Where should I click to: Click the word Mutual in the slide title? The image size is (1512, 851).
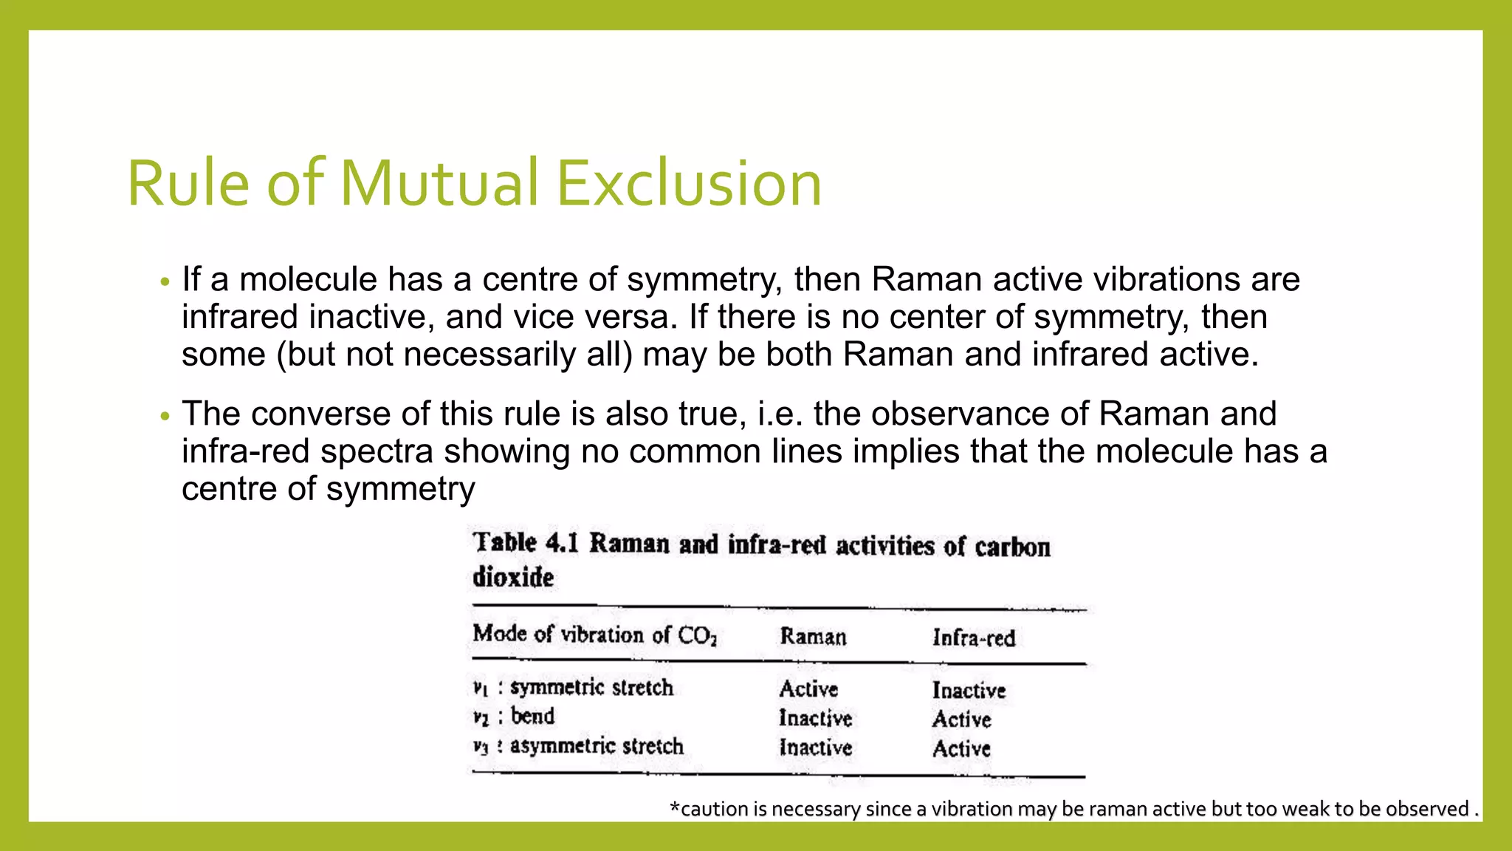pos(440,183)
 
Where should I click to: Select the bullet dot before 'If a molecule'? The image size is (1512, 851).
pos(165,282)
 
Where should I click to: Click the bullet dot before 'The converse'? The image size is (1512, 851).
pos(165,417)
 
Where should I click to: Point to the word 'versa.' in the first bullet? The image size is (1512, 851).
pos(632,317)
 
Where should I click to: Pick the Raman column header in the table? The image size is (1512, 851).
pos(813,636)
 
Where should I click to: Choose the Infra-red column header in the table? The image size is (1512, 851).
pos(974,638)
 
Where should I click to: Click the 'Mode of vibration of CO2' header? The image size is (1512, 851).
pos(595,635)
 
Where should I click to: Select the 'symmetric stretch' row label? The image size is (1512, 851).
pos(591,688)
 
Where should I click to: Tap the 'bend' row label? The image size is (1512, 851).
pos(532,717)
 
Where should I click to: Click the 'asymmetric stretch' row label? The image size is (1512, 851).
pos(597,746)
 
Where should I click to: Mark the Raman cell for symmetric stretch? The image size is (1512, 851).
pos(808,689)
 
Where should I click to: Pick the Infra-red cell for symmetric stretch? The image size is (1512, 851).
pos(969,691)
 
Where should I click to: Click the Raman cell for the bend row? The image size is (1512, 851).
pos(815,718)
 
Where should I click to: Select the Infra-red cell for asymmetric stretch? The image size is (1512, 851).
pos(961,749)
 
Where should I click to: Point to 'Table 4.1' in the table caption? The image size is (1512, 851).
pos(526,543)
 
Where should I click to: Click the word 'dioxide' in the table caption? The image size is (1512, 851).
pos(513,577)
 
